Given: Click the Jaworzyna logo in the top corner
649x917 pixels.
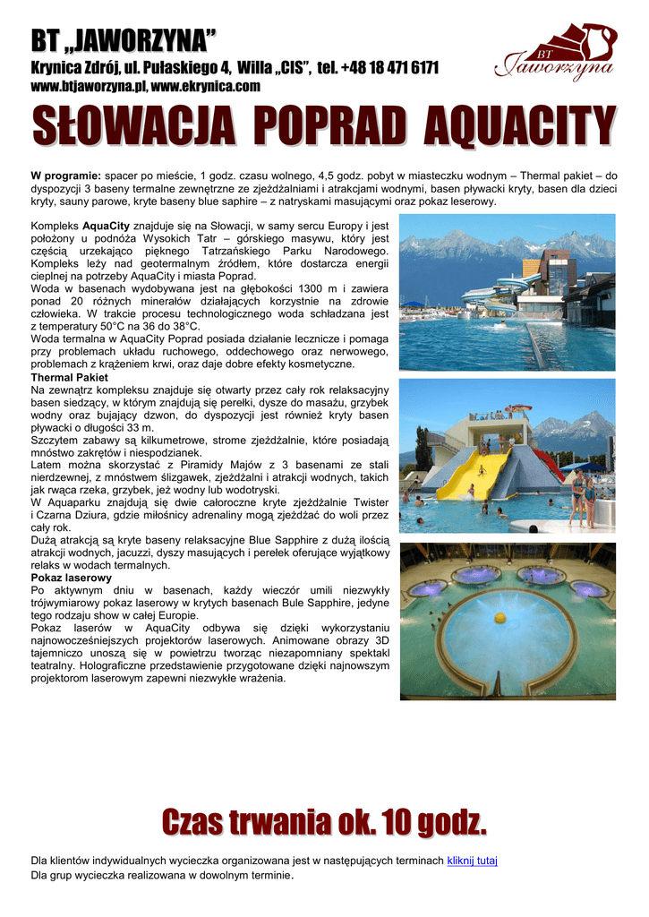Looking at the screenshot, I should coord(555,54).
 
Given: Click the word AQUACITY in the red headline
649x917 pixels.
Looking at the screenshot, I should coord(519,126).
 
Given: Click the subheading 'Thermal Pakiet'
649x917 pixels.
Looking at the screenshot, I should coord(70,377).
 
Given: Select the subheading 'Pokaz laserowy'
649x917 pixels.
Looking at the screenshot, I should coord(71,578).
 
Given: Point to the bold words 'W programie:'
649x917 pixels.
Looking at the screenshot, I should coord(66,176).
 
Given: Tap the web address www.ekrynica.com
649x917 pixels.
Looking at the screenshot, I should coord(206,87).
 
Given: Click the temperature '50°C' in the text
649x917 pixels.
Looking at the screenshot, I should coord(106,327).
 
